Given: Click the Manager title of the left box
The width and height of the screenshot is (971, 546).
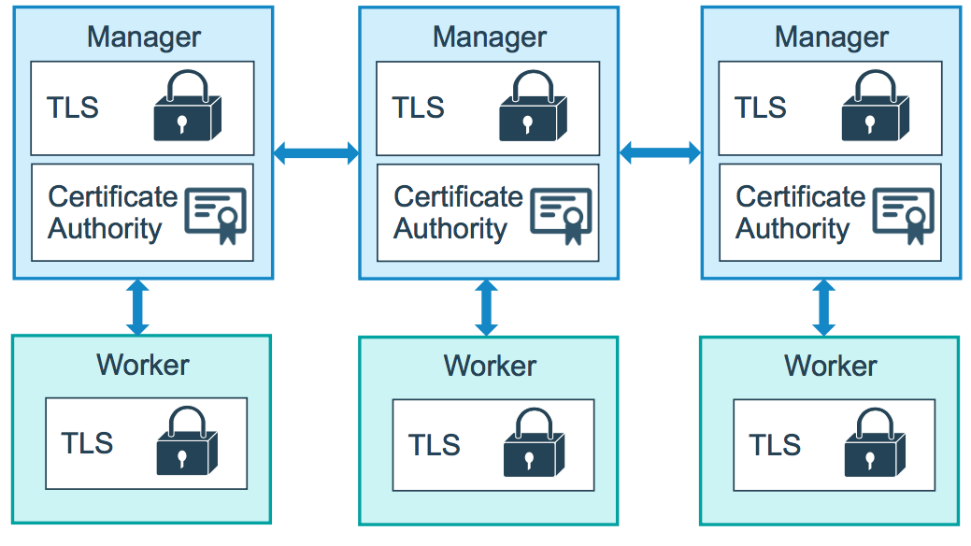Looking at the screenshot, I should (x=143, y=37).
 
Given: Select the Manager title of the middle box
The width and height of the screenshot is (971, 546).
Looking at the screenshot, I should (x=489, y=37).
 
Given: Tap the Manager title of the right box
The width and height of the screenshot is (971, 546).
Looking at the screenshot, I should (x=831, y=37).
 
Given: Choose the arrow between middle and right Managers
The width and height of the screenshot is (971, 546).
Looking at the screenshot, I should (x=660, y=151).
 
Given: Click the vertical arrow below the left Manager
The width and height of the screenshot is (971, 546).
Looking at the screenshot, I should (x=137, y=307).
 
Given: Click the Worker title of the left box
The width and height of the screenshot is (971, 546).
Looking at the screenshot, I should (x=142, y=365).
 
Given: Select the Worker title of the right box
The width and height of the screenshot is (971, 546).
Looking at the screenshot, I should (x=830, y=366).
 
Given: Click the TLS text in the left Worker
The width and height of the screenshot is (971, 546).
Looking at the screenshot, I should (x=87, y=442).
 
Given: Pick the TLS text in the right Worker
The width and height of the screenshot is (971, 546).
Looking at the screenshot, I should (x=775, y=444).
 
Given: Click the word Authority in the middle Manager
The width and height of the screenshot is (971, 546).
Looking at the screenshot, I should (x=450, y=229).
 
